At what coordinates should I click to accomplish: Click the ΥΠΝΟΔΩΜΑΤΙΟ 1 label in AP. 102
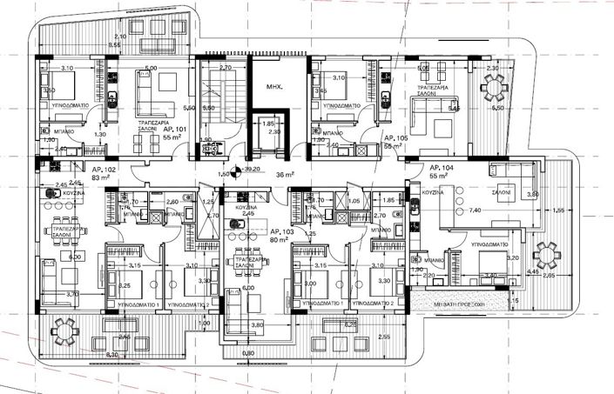(131, 305)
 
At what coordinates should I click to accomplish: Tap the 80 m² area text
(279, 240)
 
